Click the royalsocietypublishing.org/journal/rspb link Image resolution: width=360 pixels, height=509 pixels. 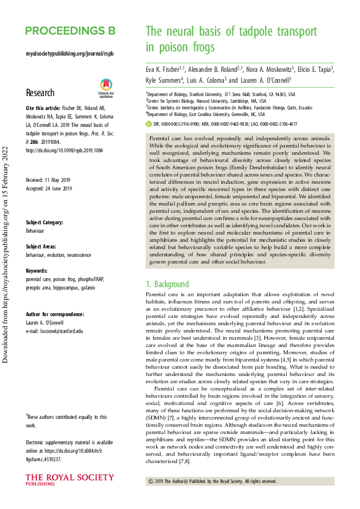coord(70,54)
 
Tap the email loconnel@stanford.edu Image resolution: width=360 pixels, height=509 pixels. coord(54,331)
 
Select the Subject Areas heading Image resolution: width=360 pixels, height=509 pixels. coord(42,247)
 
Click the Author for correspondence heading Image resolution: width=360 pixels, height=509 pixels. coord(55,314)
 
